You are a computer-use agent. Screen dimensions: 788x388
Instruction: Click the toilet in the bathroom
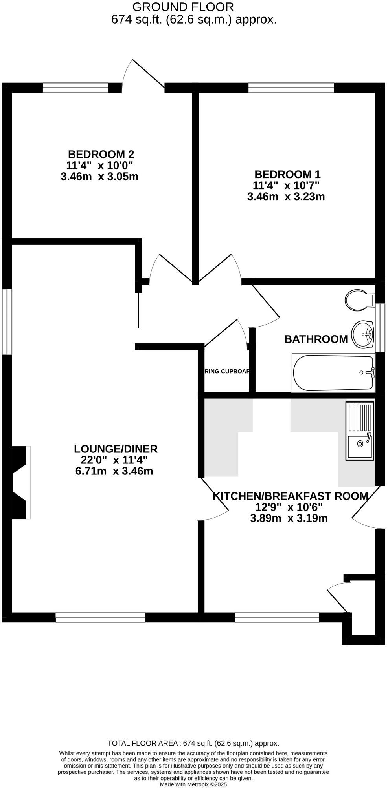coord(359,301)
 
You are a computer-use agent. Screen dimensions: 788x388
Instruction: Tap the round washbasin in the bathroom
coord(363,334)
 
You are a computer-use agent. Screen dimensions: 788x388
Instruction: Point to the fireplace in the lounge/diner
coord(21,482)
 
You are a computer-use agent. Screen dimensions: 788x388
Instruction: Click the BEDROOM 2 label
coord(101,154)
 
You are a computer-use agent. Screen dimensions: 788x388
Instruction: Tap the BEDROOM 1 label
coord(287,174)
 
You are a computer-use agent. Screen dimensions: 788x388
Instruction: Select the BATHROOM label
coord(316,339)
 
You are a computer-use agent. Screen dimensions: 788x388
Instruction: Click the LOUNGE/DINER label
coord(116,449)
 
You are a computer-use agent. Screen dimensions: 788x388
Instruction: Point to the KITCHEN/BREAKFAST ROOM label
coord(291,496)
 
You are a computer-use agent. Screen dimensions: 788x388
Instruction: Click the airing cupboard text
coord(227,371)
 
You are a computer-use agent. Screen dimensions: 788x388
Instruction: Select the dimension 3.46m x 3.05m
coord(99,177)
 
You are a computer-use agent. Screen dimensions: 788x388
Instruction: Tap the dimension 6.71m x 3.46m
coord(114,471)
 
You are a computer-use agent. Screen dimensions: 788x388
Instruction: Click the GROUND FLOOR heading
coord(183,7)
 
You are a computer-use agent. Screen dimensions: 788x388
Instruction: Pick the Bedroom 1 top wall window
coord(291,87)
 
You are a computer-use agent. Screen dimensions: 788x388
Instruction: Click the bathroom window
coord(380,327)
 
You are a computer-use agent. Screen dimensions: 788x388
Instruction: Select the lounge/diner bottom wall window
coord(100,618)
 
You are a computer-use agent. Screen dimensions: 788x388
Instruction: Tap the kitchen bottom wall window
coord(277,618)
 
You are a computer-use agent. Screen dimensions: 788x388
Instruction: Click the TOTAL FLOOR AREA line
coord(193,743)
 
